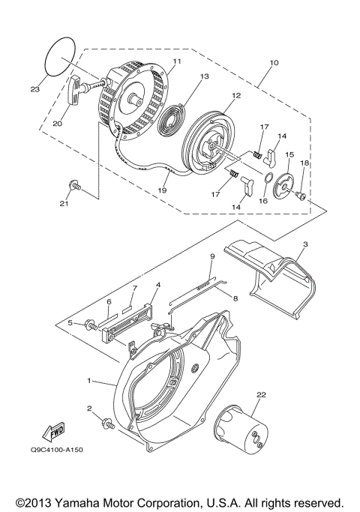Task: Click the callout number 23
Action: (34, 89)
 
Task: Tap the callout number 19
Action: (161, 191)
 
